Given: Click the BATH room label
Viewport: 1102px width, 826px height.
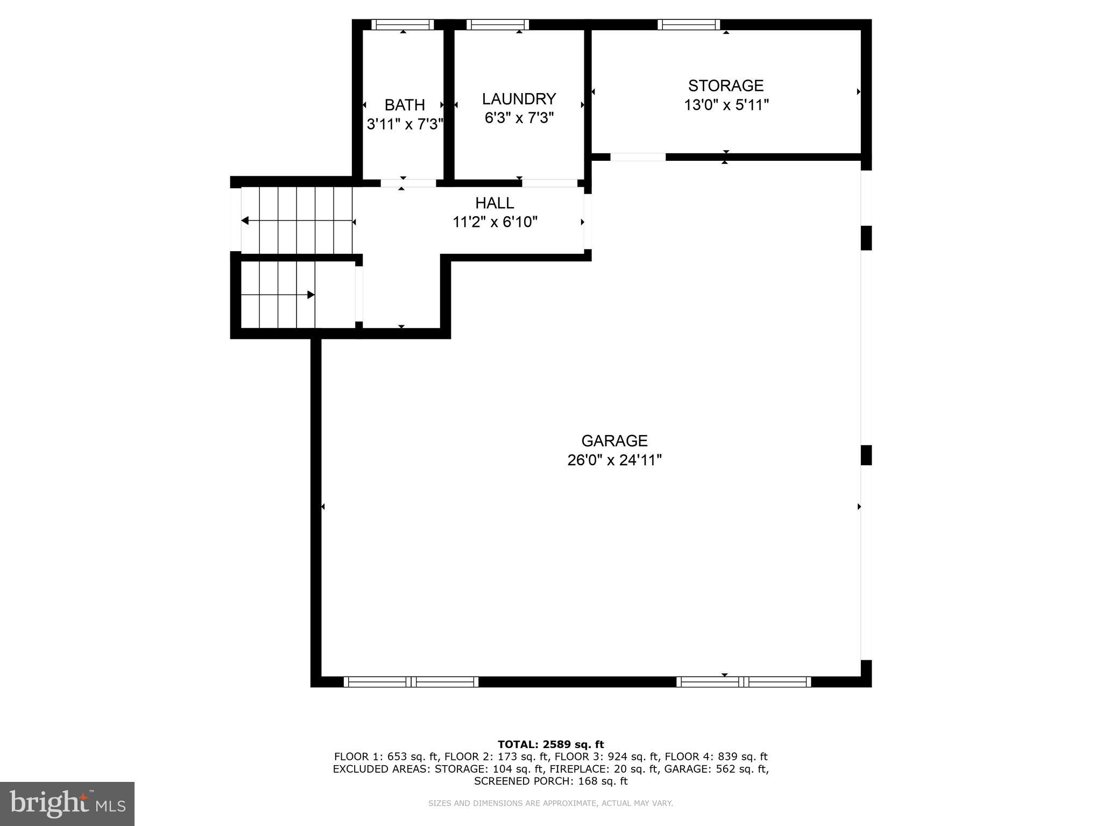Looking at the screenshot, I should pyautogui.click(x=405, y=105).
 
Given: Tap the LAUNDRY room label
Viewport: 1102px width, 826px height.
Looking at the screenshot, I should pyautogui.click(x=519, y=99).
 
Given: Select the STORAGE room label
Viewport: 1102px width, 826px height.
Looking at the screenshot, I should pyautogui.click(x=726, y=86).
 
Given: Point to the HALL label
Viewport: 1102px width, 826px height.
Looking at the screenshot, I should pyautogui.click(x=495, y=203).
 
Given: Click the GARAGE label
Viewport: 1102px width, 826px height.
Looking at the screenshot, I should pyautogui.click(x=614, y=441).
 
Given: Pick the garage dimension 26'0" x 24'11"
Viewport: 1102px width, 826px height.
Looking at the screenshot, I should pyautogui.click(x=614, y=460).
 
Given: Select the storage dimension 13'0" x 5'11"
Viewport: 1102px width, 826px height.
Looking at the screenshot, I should pyautogui.click(x=726, y=105).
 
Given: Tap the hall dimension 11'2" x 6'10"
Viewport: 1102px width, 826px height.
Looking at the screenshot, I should pyautogui.click(x=495, y=222).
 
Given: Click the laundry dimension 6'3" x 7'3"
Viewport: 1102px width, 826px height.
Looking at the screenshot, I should pyautogui.click(x=519, y=118).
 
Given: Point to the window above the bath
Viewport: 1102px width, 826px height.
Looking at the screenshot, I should pyautogui.click(x=402, y=25).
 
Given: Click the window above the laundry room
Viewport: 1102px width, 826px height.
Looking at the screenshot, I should pyautogui.click(x=498, y=25).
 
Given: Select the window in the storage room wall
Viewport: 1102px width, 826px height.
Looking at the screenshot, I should pyautogui.click(x=688, y=25).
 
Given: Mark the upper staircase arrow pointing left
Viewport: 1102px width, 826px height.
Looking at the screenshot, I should pyautogui.click(x=245, y=220).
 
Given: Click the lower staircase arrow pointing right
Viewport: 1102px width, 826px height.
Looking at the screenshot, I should pyautogui.click(x=310, y=295).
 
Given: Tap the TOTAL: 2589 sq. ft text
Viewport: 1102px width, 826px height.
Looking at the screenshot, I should pyautogui.click(x=550, y=744).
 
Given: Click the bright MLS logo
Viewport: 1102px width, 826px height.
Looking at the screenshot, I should pyautogui.click(x=67, y=803).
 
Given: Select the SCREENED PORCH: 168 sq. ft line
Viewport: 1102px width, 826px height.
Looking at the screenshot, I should pyautogui.click(x=550, y=781).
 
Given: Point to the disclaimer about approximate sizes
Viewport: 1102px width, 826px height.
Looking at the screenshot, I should pyautogui.click(x=550, y=803).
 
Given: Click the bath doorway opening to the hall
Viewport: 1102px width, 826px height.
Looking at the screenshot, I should pyautogui.click(x=408, y=183).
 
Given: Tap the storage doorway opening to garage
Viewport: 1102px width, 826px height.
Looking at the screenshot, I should pyautogui.click(x=638, y=157).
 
